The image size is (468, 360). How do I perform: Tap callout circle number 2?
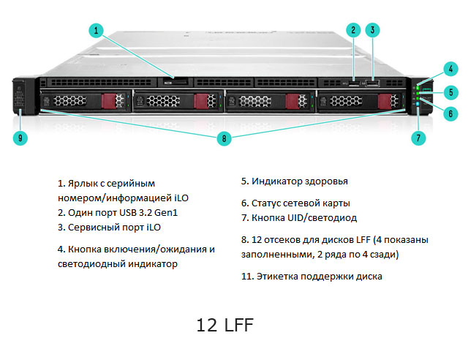tap(353, 30)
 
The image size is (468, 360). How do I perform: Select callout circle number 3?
tap(373, 30)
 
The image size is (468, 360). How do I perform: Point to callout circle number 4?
tap(451, 70)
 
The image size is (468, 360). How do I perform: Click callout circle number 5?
tap(451, 92)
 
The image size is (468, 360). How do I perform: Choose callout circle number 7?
tap(418, 137)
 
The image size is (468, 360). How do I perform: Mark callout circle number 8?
tap(225, 137)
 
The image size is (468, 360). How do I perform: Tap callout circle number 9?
tap(20, 137)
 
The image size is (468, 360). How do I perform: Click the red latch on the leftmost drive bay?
tap(113, 102)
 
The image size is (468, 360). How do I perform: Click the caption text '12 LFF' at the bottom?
tap(225, 324)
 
